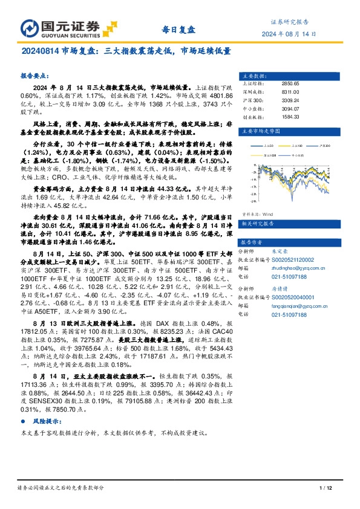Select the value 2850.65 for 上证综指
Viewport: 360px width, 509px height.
(291, 83)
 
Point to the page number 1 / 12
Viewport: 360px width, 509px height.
(326, 488)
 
